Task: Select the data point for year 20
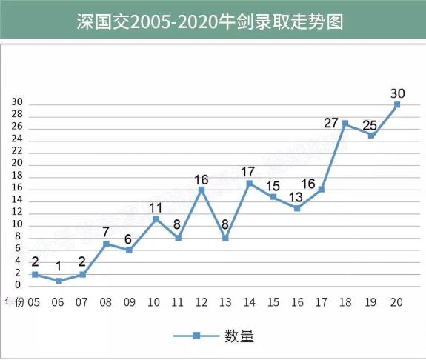pos(397,104)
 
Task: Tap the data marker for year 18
pos(345,123)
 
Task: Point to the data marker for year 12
pos(201,190)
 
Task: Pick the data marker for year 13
pos(225,238)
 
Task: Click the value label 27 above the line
pos(331,123)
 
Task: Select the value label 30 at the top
pos(397,93)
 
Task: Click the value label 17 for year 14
pos(248,172)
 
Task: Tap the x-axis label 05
pos(33,302)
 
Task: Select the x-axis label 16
pos(297,302)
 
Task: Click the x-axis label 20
pos(396,302)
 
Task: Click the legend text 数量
pos(239,336)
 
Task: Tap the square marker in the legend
pos(196,336)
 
